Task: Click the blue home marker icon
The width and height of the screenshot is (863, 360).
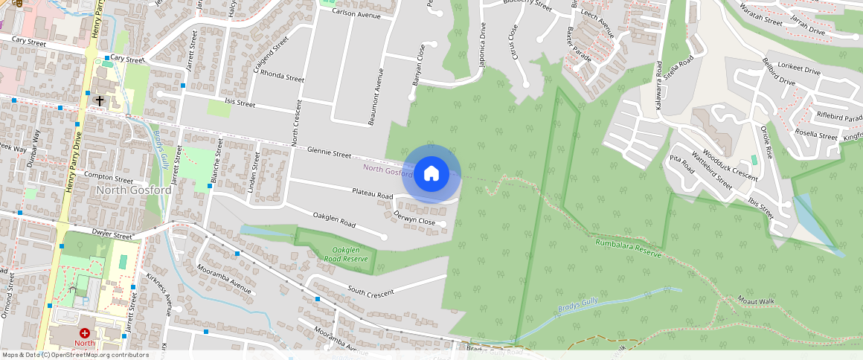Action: coord(431,174)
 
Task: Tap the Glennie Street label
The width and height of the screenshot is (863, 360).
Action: coord(329,153)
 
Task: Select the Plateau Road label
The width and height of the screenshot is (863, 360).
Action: coord(373,194)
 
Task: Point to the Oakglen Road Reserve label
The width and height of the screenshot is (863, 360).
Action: coord(346,254)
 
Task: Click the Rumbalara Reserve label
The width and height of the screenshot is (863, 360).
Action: coord(628,247)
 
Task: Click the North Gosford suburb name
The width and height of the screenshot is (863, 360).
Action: coord(134,190)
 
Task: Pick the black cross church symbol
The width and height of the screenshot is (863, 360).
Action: coord(100,100)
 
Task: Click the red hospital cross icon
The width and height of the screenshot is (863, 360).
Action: coord(85,333)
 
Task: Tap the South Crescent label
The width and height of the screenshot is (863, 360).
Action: coord(370,292)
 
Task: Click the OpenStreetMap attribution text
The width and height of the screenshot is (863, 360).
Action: coord(76,355)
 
